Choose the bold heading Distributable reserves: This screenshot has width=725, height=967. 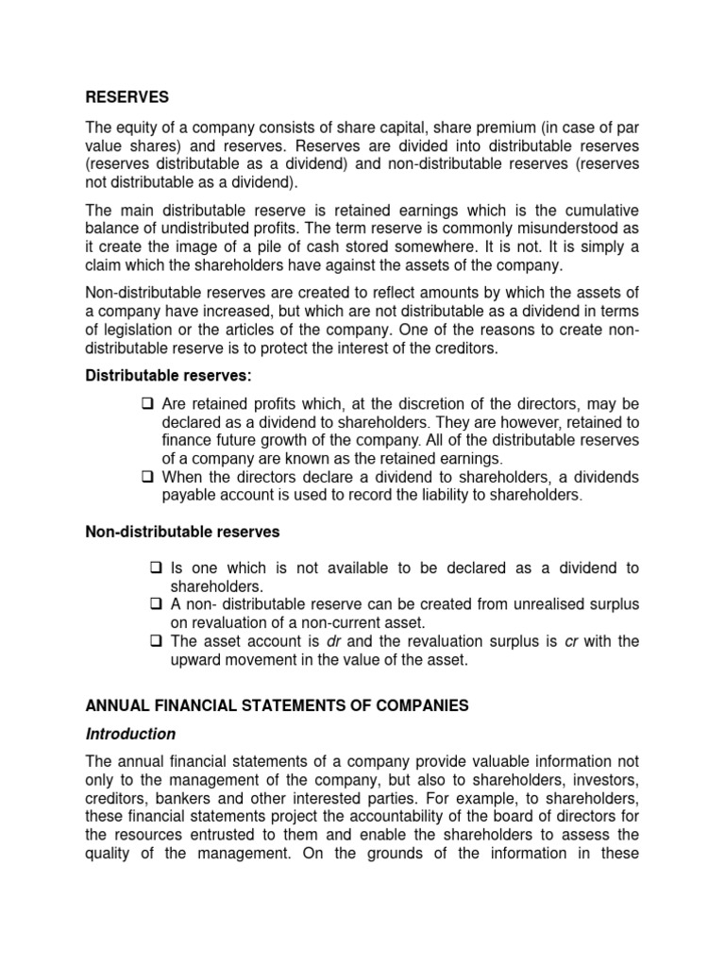168,376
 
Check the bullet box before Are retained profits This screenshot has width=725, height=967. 148,405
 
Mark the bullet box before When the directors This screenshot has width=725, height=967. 148,477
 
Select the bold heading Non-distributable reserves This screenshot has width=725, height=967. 183,532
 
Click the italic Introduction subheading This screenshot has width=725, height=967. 130,734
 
